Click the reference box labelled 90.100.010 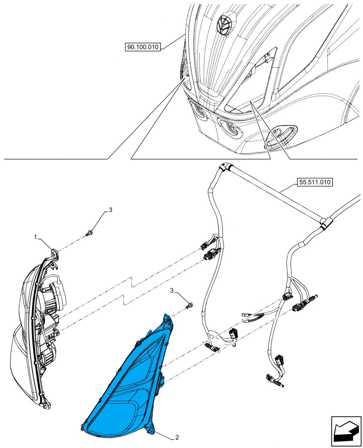pos(143,47)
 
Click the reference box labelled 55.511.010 pos(315,182)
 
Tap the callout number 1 pos(36,237)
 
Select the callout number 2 pos(177,438)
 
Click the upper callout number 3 pos(110,210)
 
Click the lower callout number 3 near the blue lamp pos(172,290)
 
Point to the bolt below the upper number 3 pos(89,232)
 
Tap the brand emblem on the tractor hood pos(224,25)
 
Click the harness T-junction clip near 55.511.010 pos(325,223)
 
